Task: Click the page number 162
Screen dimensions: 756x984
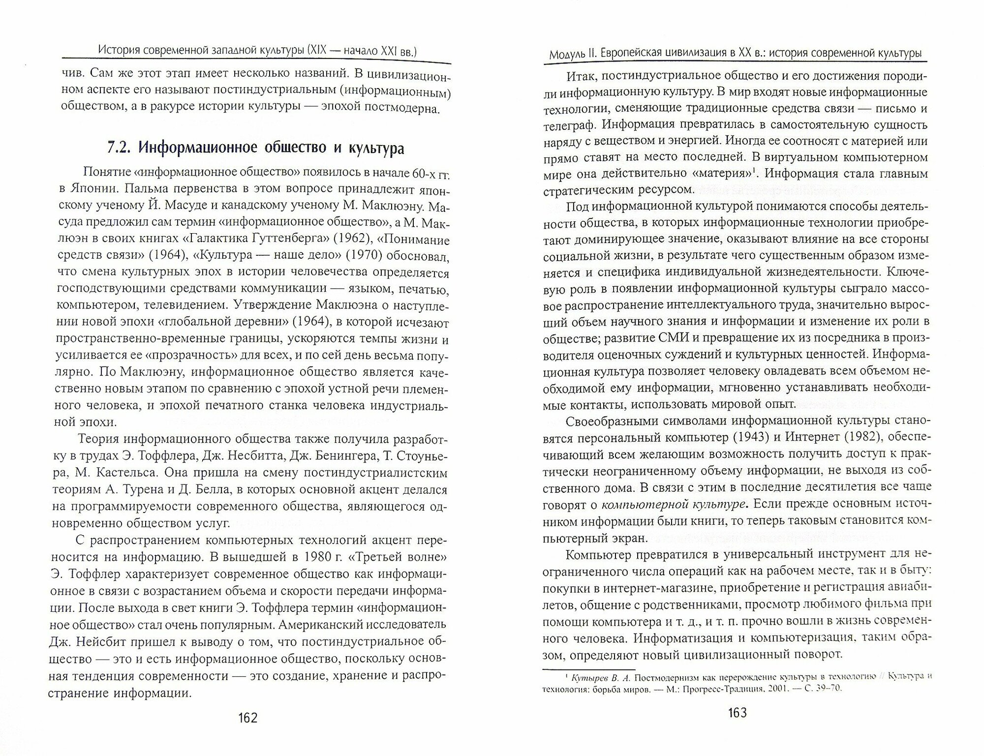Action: tap(247, 718)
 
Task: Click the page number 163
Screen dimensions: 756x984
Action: tap(736, 713)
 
